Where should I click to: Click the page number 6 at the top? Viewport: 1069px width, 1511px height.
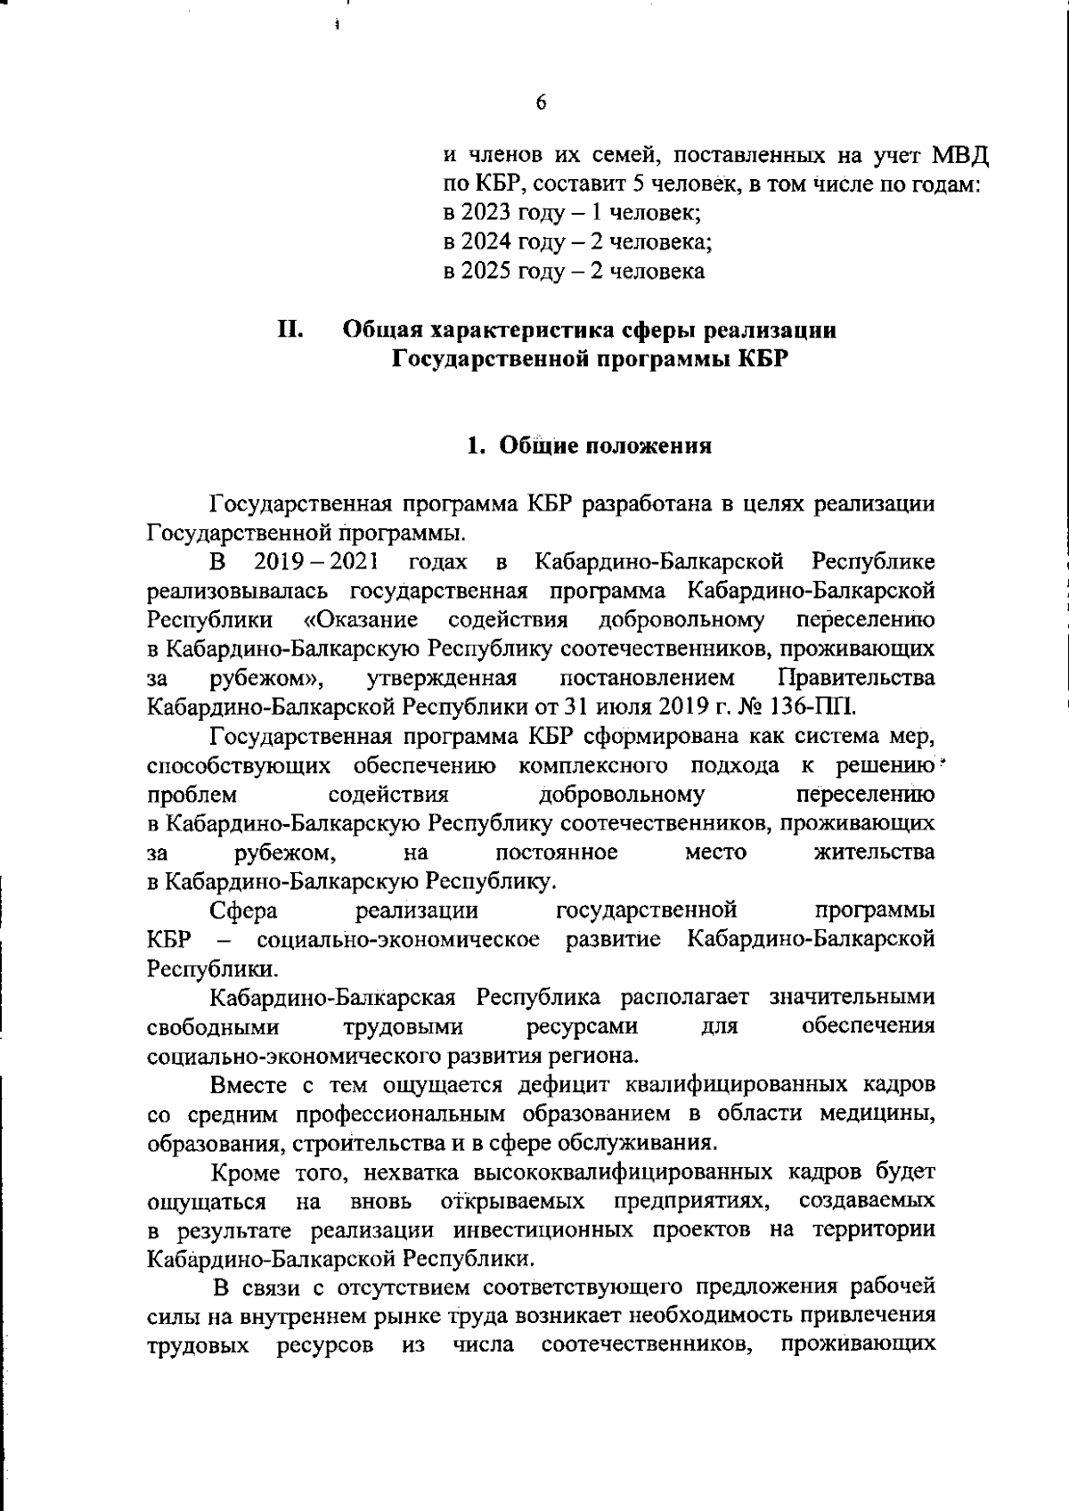tap(541, 102)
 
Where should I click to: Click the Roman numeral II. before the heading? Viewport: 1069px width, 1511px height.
tap(291, 330)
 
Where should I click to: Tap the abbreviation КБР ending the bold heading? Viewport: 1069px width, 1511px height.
tap(763, 360)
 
